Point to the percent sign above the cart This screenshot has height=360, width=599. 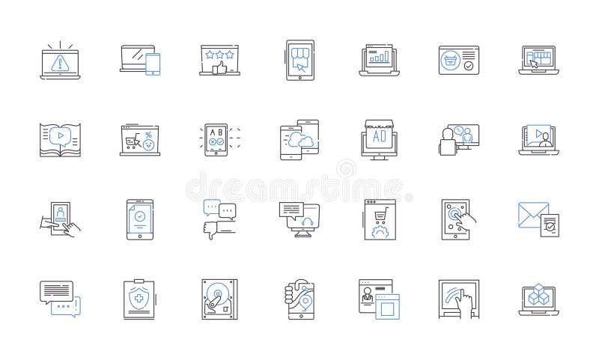pos(148,133)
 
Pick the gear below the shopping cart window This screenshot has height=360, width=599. pos(380,231)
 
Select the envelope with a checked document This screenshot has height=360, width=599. pos(538,219)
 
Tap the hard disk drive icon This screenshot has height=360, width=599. pos(219,299)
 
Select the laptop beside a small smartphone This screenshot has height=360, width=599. pos(141,61)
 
